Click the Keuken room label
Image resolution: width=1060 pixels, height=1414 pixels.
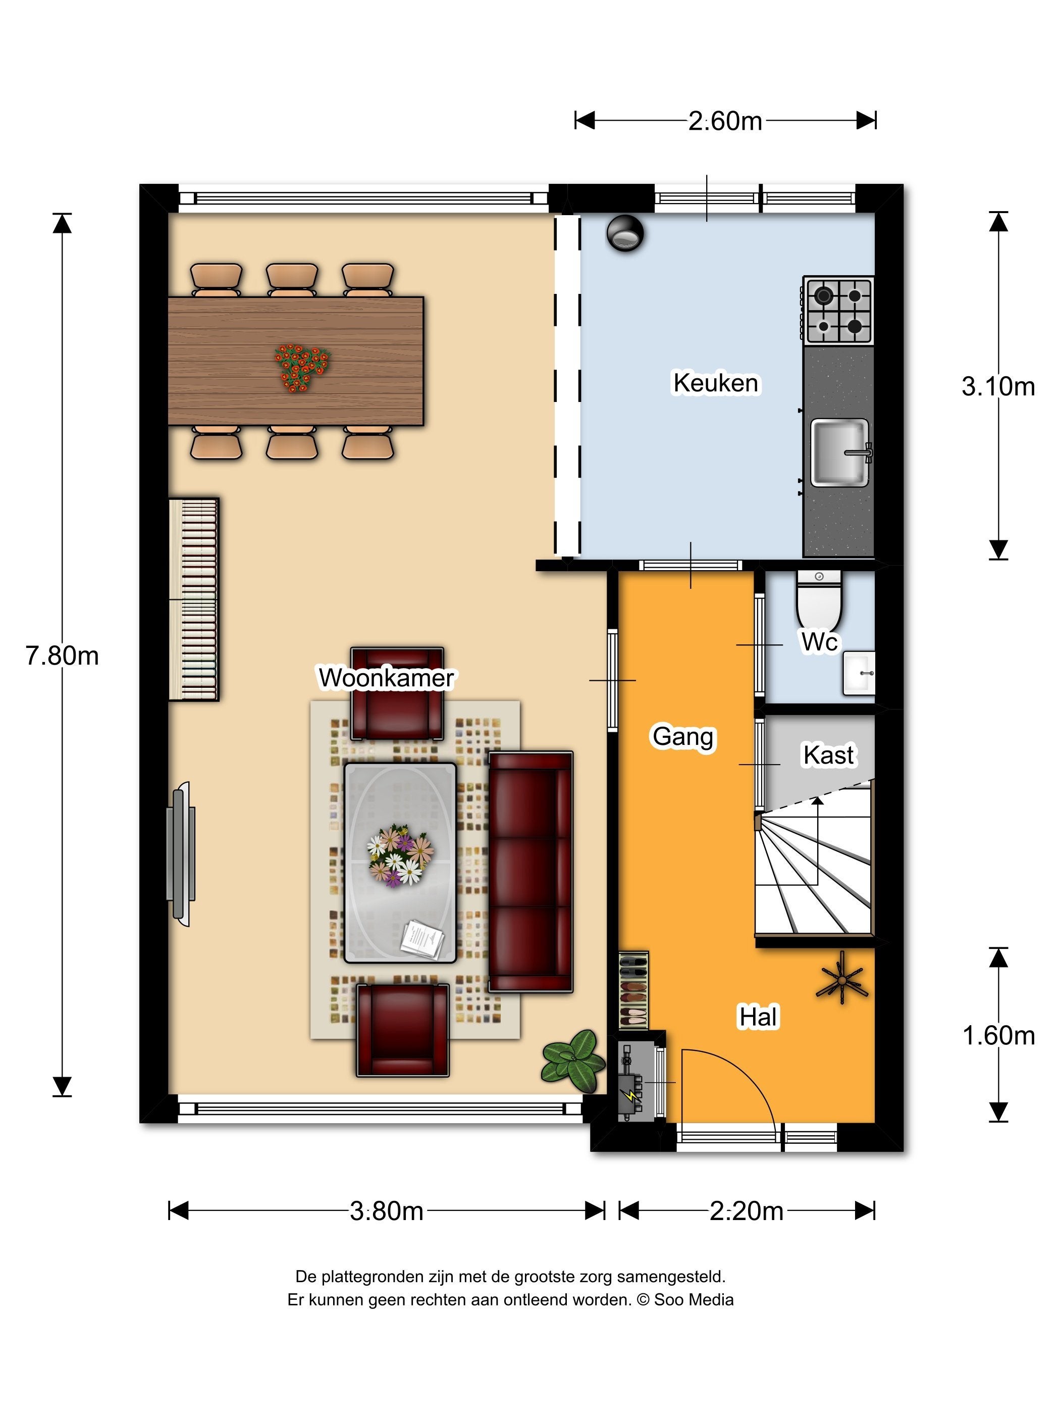pyautogui.click(x=716, y=383)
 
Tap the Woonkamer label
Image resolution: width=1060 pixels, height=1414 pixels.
pyautogui.click(x=386, y=678)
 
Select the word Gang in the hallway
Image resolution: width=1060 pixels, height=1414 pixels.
pyautogui.click(x=683, y=737)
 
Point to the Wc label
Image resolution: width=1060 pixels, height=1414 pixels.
pyautogui.click(x=819, y=642)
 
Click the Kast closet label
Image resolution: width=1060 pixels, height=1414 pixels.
pyautogui.click(x=828, y=755)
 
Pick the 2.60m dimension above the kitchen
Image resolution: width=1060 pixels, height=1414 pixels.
pyautogui.click(x=725, y=121)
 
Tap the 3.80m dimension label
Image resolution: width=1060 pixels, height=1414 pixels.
pyautogui.click(x=387, y=1210)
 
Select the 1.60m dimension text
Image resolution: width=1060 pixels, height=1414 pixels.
pyautogui.click(x=998, y=1035)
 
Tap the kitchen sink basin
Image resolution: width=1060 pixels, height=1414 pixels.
pyautogui.click(x=839, y=452)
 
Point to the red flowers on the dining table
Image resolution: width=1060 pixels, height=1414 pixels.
pyautogui.click(x=301, y=367)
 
